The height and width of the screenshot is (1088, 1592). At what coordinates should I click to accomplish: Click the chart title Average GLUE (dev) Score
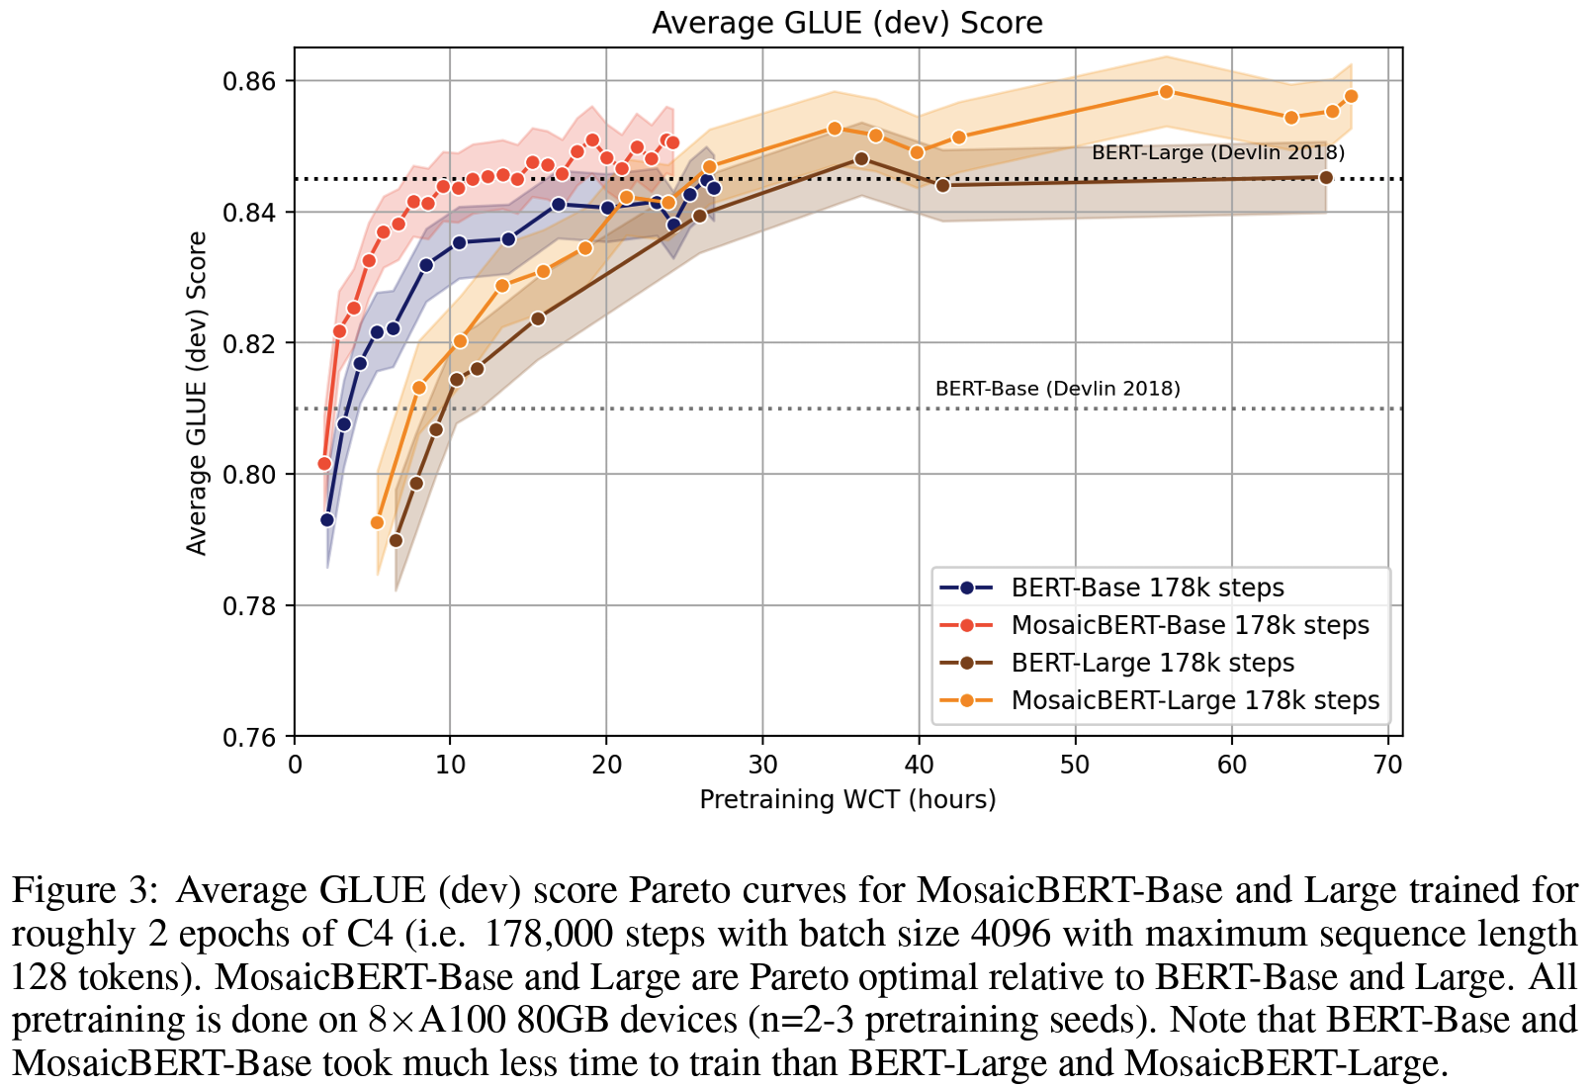click(846, 23)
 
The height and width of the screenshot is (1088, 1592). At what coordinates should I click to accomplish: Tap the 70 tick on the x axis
click(1387, 765)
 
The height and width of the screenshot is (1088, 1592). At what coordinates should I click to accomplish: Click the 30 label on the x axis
click(762, 765)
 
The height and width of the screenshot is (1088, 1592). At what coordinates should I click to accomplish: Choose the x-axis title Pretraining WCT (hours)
click(847, 799)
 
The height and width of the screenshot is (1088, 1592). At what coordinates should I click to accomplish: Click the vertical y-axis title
click(197, 393)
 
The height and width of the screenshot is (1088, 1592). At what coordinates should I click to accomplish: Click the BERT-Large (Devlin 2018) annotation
click(1218, 152)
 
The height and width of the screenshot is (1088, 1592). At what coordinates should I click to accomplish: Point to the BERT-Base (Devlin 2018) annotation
click(1057, 389)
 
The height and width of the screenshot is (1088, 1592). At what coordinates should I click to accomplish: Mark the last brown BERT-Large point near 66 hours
click(1326, 177)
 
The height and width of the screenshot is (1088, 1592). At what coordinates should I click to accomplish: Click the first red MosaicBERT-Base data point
click(324, 463)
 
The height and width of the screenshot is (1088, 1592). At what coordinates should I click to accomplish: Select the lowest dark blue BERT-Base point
click(327, 519)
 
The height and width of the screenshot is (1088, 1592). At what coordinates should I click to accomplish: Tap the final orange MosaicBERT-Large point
click(1352, 96)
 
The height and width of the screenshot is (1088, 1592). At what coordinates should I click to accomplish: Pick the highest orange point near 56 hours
click(1166, 92)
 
